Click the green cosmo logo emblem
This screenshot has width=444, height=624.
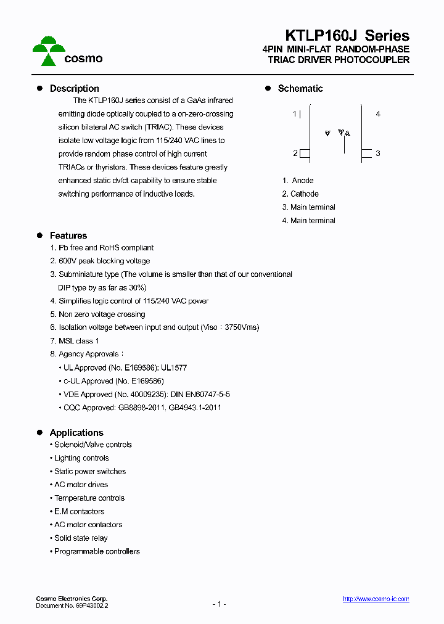pos(48,51)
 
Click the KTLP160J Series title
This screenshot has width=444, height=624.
pos(347,36)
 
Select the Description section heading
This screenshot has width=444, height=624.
pos(74,89)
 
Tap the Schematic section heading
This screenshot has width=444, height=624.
pos(300,89)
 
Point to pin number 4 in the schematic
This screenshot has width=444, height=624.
pos(378,114)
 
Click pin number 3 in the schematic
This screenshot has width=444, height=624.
pos(378,154)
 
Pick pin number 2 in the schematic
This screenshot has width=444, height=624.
pos(295,154)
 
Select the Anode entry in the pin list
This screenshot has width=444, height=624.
pos(298,181)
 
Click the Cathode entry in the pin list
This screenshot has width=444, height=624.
pos(300,194)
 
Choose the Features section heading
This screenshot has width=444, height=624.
pos(68,236)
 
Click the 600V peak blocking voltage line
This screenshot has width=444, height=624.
pos(100,261)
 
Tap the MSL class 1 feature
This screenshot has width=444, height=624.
pos(75,341)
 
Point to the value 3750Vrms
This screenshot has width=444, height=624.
pos(242,327)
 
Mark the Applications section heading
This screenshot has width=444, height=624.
pos(76,433)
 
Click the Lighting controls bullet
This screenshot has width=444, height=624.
pos(81,458)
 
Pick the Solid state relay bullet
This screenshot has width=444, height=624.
pos(80,538)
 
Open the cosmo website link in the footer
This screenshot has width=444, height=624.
pos(376,599)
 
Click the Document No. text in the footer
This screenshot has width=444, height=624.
pos(72,606)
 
